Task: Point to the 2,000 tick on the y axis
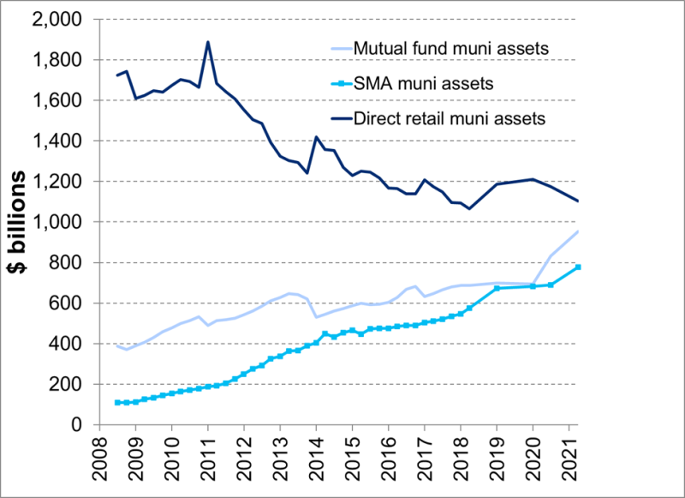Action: (55, 20)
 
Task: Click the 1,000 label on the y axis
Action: (55, 222)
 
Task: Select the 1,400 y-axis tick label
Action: (55, 141)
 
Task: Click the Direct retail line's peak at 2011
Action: (208, 42)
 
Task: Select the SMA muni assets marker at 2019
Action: (497, 288)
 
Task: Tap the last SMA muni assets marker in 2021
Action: (578, 267)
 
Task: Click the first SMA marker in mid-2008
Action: (117, 402)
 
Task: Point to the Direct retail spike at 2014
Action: (316, 137)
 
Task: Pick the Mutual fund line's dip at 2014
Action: (316, 317)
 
